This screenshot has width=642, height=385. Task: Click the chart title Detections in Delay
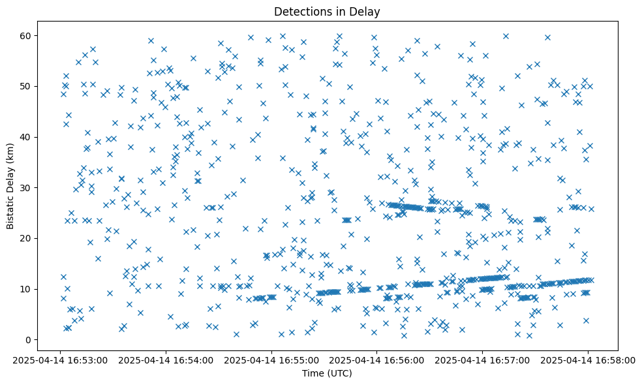(x=327, y=12)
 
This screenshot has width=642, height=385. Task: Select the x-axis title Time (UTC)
(x=327, y=373)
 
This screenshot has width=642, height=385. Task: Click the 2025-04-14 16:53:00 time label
(x=61, y=360)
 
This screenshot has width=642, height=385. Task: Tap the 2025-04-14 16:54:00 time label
(x=166, y=360)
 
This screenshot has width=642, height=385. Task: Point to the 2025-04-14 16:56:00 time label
(x=377, y=360)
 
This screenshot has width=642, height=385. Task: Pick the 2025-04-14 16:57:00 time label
(x=482, y=360)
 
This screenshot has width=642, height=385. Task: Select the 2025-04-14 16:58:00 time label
(x=588, y=360)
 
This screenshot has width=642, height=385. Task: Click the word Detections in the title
(x=303, y=12)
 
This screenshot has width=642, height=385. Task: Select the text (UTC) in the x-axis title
(x=340, y=373)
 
